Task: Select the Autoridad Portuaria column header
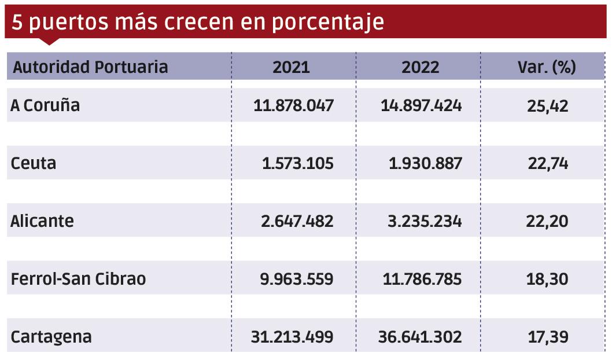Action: [90, 67]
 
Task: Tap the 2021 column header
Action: [292, 67]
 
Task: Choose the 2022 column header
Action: [421, 67]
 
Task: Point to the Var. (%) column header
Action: [547, 67]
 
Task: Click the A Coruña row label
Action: [45, 106]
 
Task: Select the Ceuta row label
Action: [34, 163]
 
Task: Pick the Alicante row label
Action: [42, 221]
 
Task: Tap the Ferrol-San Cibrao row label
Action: [78, 279]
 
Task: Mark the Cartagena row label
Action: [51, 337]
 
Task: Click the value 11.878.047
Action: [294, 106]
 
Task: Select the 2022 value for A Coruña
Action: [421, 106]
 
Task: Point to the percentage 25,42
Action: [548, 106]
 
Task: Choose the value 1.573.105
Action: [297, 163]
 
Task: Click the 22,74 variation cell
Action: [548, 163]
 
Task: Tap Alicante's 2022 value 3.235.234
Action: [425, 221]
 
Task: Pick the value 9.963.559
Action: [297, 279]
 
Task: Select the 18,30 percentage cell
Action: [548, 279]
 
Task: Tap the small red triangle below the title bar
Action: [50, 42]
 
